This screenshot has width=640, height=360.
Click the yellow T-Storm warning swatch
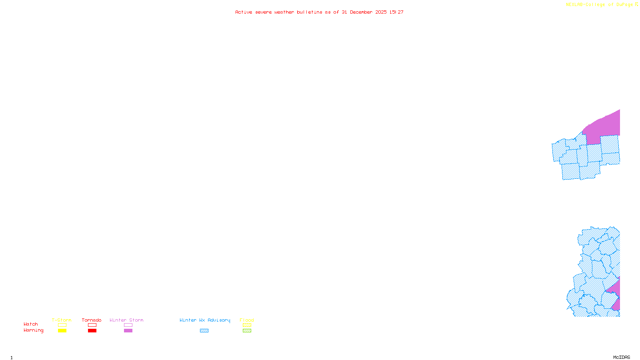(62, 331)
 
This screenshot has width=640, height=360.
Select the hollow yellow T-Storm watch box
(62, 325)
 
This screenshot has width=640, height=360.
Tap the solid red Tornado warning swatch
(92, 331)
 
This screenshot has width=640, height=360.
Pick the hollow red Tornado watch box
(92, 325)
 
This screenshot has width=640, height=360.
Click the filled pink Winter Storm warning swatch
(128, 331)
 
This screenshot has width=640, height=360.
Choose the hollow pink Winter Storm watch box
(128, 325)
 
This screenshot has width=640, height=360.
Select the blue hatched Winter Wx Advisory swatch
(204, 331)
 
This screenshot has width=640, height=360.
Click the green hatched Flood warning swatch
(247, 331)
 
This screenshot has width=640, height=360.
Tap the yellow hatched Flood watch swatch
(247, 325)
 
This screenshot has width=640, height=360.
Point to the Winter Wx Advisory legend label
(205, 320)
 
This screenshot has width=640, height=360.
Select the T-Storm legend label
(62, 320)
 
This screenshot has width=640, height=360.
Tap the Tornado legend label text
(92, 320)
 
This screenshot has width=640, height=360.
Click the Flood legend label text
(247, 320)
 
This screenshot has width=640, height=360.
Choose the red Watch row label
(31, 324)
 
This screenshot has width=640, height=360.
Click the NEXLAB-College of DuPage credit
(600, 5)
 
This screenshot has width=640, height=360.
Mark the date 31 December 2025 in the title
(364, 12)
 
